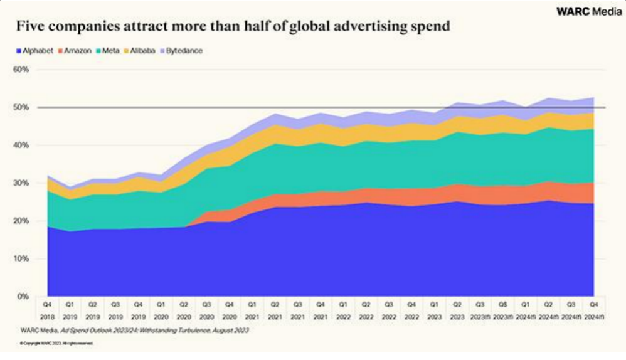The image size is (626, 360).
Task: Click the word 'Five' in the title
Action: pos(30,28)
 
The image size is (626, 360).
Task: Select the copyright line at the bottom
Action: pos(56,343)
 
